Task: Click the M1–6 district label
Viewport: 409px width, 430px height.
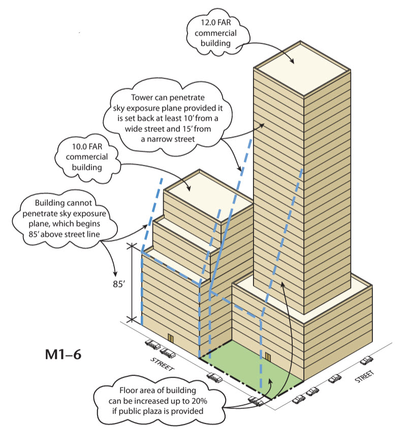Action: pyautogui.click(x=63, y=354)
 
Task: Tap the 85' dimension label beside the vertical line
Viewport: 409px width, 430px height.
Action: pyautogui.click(x=119, y=284)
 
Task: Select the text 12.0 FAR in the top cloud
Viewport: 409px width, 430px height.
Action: pyautogui.click(x=215, y=22)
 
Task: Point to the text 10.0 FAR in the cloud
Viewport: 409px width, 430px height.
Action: pyautogui.click(x=87, y=147)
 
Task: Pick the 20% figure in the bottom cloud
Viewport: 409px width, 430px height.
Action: pyautogui.click(x=199, y=401)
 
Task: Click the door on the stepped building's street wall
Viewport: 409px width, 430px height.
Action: pyautogui.click(x=171, y=338)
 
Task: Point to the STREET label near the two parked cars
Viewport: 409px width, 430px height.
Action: pyautogui.click(x=162, y=364)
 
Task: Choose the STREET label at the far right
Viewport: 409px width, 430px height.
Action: pyautogui.click(x=364, y=376)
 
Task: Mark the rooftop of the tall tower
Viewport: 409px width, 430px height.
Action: pyautogui.click(x=302, y=69)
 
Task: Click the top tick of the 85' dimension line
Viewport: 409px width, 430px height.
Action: pyautogui.click(x=132, y=246)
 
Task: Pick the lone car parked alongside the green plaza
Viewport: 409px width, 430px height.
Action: pyautogui.click(x=215, y=378)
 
